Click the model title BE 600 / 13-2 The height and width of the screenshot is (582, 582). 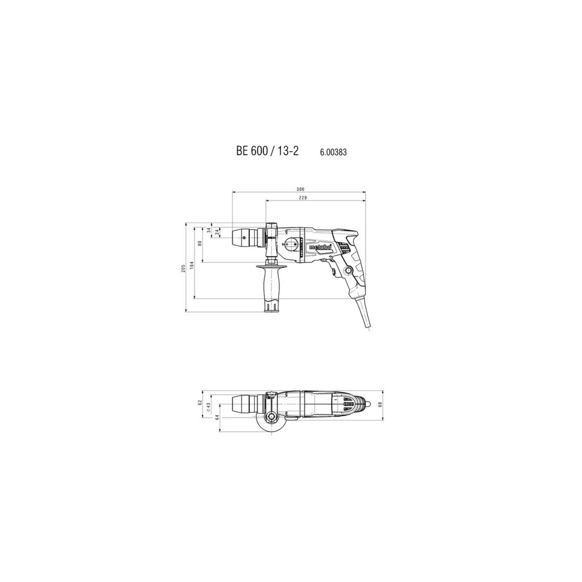coord(267,151)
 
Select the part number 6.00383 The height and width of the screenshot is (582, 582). coord(333,152)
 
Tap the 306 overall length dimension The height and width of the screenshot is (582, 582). coord(300,189)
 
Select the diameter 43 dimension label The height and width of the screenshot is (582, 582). coord(208,406)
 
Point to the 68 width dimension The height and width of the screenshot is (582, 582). coord(380,405)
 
